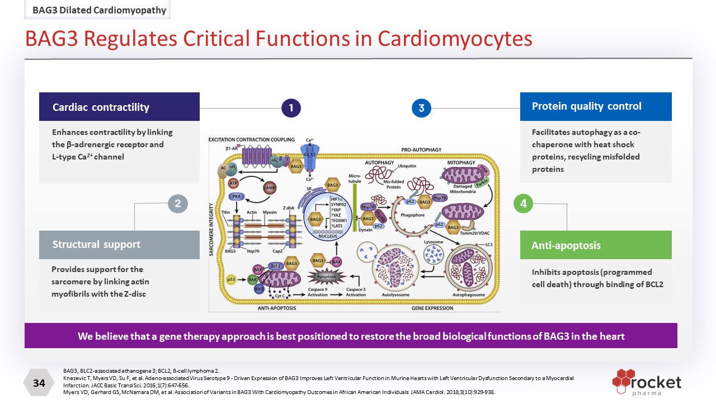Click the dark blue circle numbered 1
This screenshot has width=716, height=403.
(x=291, y=108)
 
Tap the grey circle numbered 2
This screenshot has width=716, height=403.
(x=177, y=204)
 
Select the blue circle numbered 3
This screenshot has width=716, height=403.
(x=421, y=108)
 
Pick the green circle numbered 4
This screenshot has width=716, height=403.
(x=523, y=204)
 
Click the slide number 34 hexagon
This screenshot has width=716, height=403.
(x=39, y=383)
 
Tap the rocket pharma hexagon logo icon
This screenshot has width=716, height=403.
(x=623, y=379)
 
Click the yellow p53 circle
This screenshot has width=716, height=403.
(x=230, y=279)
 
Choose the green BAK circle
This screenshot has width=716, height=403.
(x=252, y=279)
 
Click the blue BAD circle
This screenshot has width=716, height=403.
(x=258, y=289)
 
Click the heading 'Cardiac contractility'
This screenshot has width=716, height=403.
(x=101, y=107)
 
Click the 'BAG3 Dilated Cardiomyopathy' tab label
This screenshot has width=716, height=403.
(x=99, y=10)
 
